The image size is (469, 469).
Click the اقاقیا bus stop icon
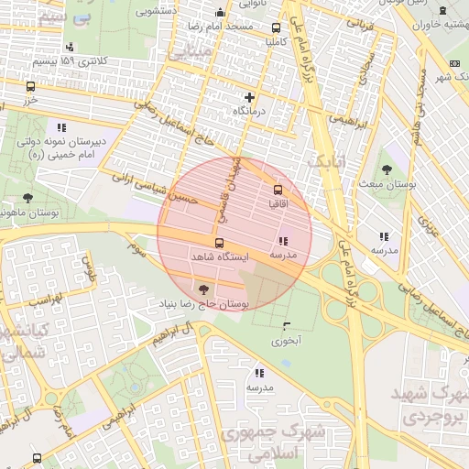coord(278,190)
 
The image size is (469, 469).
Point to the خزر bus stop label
coord(32,101)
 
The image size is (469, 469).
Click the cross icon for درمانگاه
coord(249,96)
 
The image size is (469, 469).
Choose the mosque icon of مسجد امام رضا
coord(219,13)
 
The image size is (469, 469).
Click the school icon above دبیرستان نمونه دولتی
coord(61,127)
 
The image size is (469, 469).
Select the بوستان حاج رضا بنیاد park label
coord(202,302)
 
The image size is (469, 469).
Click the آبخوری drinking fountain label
coord(286,341)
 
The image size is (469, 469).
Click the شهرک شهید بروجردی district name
coord(428,404)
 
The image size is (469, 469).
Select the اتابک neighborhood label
coord(324,161)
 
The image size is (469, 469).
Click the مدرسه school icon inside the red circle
coord(280,240)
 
